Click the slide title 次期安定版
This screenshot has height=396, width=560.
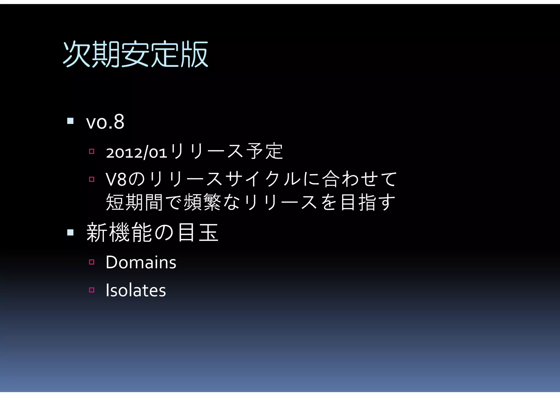(x=136, y=54)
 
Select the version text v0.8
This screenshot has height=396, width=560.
(x=105, y=122)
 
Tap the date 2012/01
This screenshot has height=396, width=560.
(x=136, y=152)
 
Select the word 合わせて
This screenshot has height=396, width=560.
(x=359, y=179)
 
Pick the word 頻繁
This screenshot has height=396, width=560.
(x=202, y=202)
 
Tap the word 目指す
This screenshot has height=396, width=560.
(x=368, y=202)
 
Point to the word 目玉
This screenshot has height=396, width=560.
(x=198, y=233)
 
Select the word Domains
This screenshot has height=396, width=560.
(x=141, y=262)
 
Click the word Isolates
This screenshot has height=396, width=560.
(x=136, y=290)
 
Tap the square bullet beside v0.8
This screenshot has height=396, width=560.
(x=70, y=121)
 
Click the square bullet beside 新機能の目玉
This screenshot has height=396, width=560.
(x=70, y=232)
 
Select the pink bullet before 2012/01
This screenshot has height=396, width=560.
(x=92, y=151)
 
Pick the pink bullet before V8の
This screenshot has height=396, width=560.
(x=92, y=180)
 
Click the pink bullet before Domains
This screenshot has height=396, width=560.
(x=92, y=262)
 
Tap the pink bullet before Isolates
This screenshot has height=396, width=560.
(x=92, y=290)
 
